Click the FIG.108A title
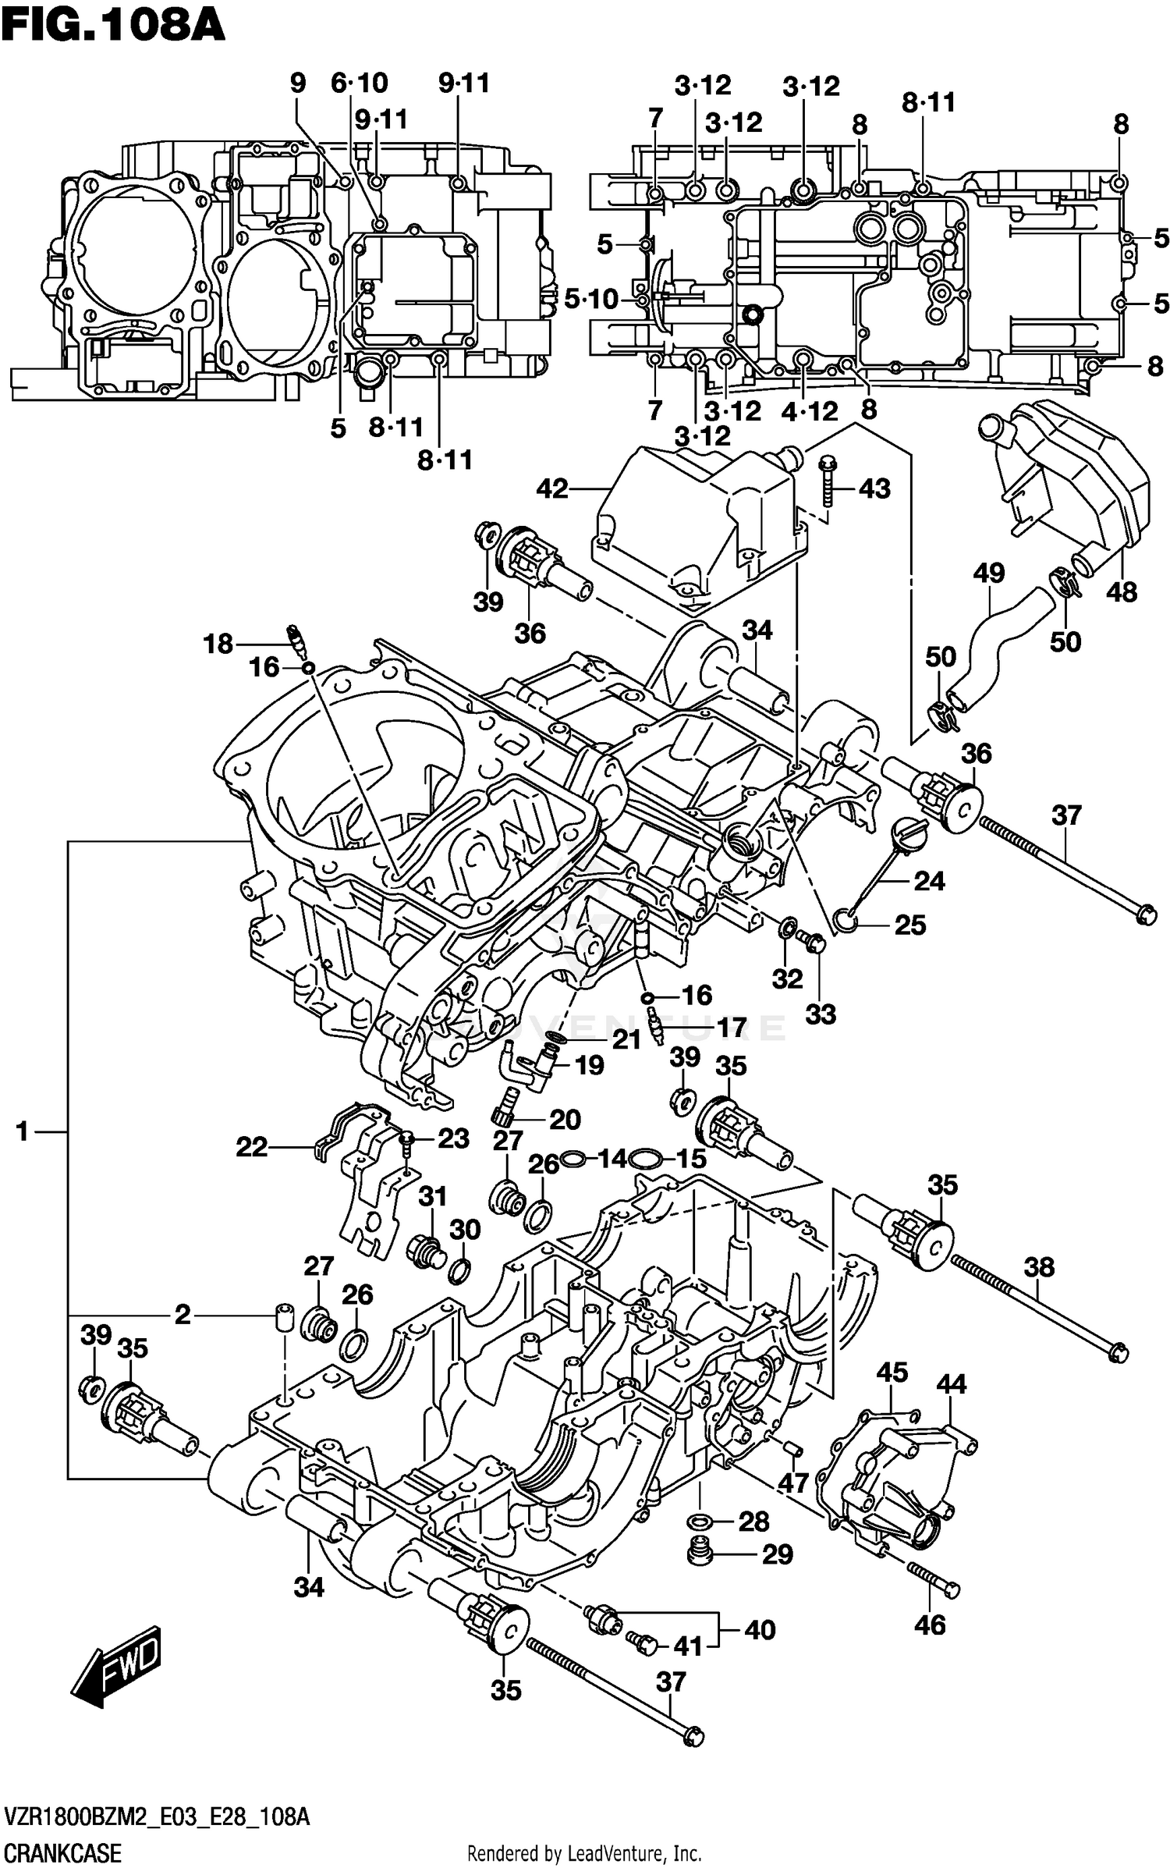click(113, 25)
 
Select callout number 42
click(553, 490)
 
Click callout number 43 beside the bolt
click(874, 489)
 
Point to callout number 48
click(1122, 592)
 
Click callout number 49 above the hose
click(988, 574)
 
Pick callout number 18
click(218, 644)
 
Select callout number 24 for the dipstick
click(929, 881)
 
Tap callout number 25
click(909, 925)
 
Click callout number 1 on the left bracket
click(22, 1131)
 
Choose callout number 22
click(252, 1146)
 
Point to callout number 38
click(1039, 1266)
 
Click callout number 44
click(951, 1384)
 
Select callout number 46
click(930, 1625)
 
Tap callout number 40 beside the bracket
click(759, 1630)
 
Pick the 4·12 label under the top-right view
click(810, 411)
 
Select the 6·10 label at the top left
click(359, 83)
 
